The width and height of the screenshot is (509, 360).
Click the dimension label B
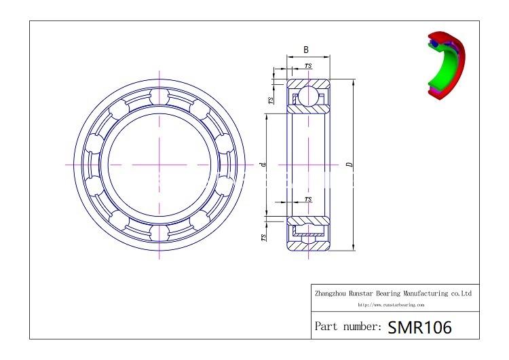pyautogui.click(x=306, y=50)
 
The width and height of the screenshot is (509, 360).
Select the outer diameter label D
pyautogui.click(x=348, y=164)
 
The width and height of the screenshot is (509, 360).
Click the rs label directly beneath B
pyautogui.click(x=309, y=65)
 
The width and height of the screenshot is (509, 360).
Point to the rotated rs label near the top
pyautogui.click(x=270, y=99)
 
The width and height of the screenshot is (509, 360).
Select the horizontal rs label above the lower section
pyautogui.click(x=309, y=198)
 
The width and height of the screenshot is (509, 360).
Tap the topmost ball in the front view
pyautogui.click(x=161, y=94)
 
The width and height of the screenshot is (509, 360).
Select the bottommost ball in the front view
pyautogui.click(x=161, y=234)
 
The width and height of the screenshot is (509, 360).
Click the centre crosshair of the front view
pyautogui.click(x=161, y=164)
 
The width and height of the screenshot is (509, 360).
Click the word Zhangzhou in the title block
pyautogui.click(x=333, y=293)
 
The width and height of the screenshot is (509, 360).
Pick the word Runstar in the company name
pyautogui.click(x=369, y=293)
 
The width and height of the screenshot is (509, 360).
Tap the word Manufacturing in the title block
pyautogui.click(x=423, y=293)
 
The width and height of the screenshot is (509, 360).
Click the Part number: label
pyautogui.click(x=347, y=327)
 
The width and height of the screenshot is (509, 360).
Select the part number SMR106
pyautogui.click(x=419, y=327)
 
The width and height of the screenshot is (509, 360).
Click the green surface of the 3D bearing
pyautogui.click(x=449, y=68)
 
